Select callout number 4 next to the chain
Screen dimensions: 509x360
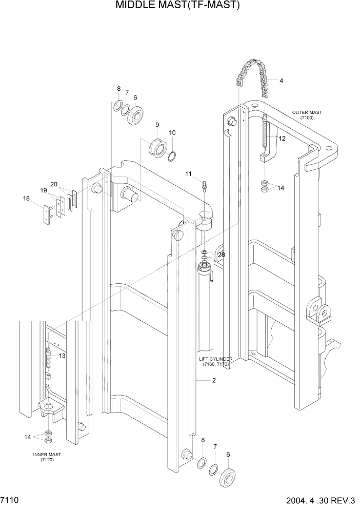pos(281,80)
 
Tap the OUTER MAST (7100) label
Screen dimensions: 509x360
pos(307,115)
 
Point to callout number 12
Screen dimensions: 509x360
pos(282,139)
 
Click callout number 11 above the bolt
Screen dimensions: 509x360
pos(188,174)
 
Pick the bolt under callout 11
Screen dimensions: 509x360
pos(204,184)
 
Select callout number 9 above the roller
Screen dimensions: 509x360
pos(157,125)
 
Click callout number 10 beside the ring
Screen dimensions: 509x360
pos(172,132)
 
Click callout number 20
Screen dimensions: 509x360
pos(54,184)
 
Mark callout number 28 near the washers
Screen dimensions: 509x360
pos(222,254)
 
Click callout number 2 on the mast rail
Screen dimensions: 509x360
pos(213,381)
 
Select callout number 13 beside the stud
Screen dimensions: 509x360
pos(62,356)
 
